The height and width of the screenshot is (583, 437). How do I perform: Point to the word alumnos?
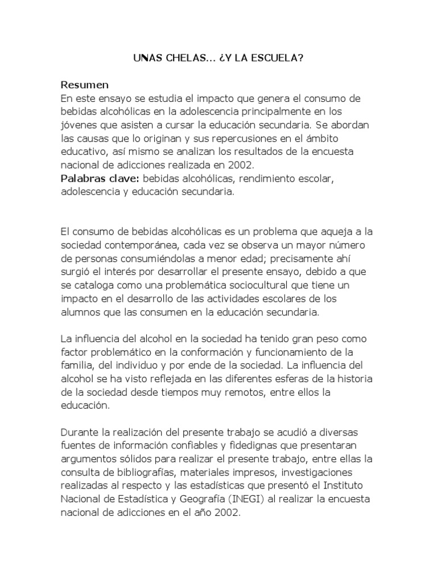click(79, 313)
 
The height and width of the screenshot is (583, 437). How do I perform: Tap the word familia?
click(77, 364)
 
